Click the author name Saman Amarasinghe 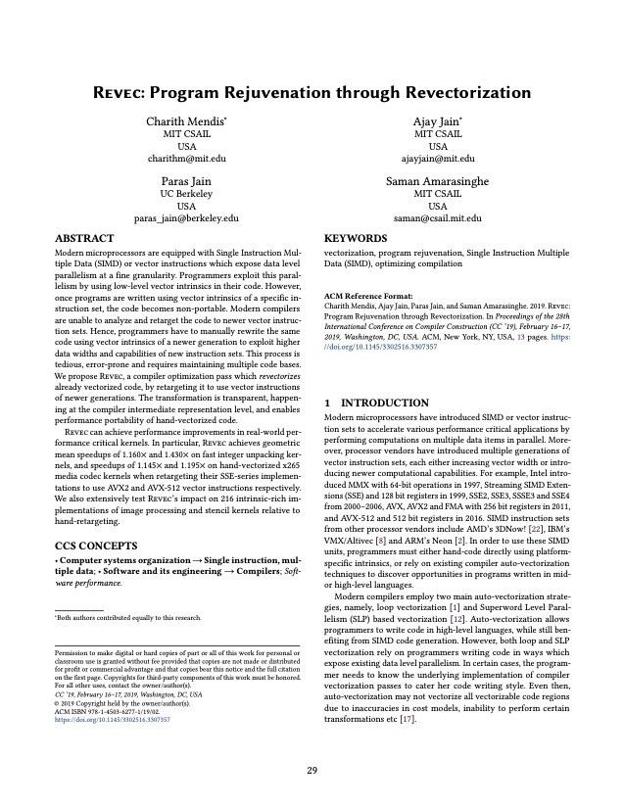pos(437,181)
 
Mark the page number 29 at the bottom pos(312,771)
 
